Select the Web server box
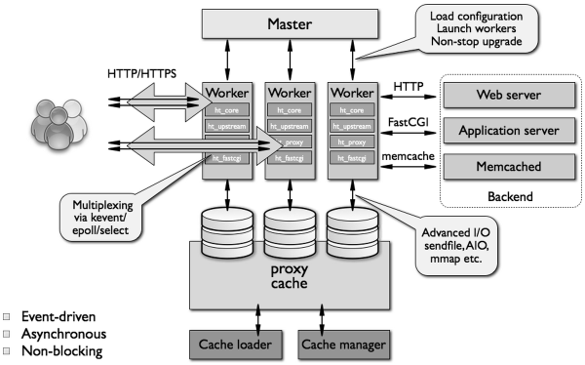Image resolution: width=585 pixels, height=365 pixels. pos(507,97)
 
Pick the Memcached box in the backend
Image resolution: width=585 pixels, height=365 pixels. pos(507,167)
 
